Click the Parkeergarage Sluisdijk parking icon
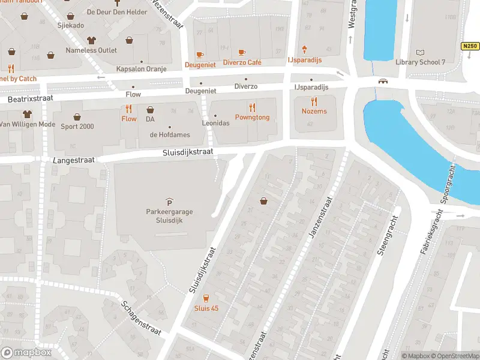(x=169, y=202)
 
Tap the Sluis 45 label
(x=206, y=308)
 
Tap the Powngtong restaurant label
(x=252, y=118)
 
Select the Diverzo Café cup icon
(x=242, y=53)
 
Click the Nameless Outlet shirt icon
(x=91, y=41)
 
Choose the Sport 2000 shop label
(x=77, y=126)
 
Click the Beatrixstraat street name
(x=30, y=97)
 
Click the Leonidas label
(x=216, y=122)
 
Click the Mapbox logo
(x=26, y=352)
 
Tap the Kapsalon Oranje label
(x=142, y=70)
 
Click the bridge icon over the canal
(x=382, y=81)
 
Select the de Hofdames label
(x=170, y=134)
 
